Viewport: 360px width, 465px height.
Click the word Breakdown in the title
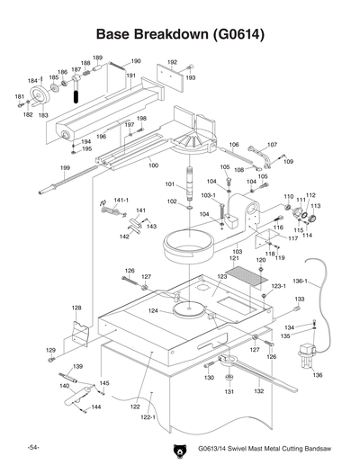tap(171, 37)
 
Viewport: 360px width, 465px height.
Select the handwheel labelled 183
tap(39, 99)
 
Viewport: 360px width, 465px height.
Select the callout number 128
tap(77, 308)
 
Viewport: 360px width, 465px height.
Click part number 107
tap(272, 144)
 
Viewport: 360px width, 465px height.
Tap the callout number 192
tap(172, 62)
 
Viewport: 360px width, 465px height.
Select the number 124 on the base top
tap(154, 310)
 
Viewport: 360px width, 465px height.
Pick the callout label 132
tap(257, 391)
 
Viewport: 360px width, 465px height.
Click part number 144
tap(96, 407)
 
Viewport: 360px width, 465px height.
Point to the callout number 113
tap(316, 205)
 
